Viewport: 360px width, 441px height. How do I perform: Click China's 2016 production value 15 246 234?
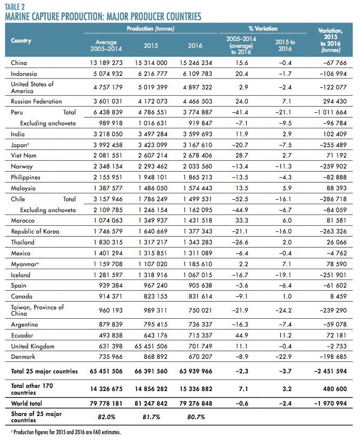pyautogui.click(x=196, y=63)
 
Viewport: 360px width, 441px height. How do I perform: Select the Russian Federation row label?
pyautogui.click(x=36, y=101)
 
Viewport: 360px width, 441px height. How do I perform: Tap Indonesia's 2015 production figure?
pyautogui.click(x=153, y=74)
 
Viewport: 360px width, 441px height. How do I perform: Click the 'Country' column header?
pyautogui.click(x=21, y=41)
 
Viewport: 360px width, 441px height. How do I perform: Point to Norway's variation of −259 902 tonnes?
pyautogui.click(x=333, y=166)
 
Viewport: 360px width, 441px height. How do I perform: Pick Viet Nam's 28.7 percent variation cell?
pyautogui.click(x=242, y=155)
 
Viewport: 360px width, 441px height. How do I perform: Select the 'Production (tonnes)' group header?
pyautogui.click(x=151, y=29)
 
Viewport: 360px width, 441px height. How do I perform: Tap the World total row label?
pyautogui.click(x=26, y=404)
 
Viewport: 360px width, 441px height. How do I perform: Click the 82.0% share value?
pyautogui.click(x=106, y=417)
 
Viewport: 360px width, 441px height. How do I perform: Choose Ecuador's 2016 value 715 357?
pyautogui.click(x=201, y=335)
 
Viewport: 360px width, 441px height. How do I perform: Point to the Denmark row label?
pyautogui.click(x=23, y=357)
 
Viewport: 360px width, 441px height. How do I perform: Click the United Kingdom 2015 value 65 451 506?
pyautogui.click(x=151, y=346)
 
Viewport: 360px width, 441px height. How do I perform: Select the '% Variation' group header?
pyautogui.click(x=263, y=29)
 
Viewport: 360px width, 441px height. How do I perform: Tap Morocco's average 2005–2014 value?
pyautogui.click(x=108, y=220)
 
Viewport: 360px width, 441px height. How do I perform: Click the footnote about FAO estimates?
pyautogui.click(x=66, y=432)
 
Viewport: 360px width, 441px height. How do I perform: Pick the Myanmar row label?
pyautogui.click(x=24, y=264)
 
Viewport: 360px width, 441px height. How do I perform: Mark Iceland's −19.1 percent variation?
pyautogui.click(x=283, y=275)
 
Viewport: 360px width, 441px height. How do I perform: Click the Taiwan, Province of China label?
pyautogui.click(x=37, y=310)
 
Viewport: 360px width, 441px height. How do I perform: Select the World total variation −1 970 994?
pyautogui.click(x=330, y=404)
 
